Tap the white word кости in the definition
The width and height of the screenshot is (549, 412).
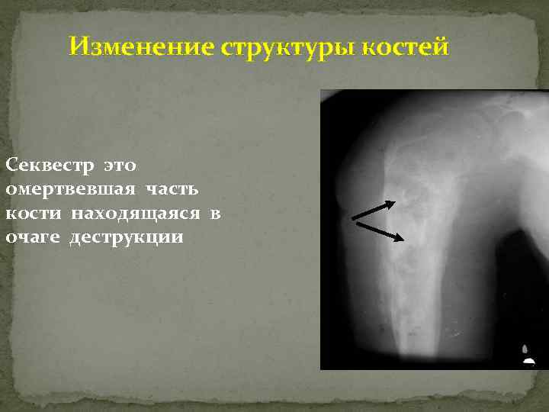coord(32,214)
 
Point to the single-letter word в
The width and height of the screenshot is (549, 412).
coord(215,214)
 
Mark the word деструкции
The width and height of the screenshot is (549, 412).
coord(127,238)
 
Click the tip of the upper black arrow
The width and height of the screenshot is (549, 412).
coord(395,203)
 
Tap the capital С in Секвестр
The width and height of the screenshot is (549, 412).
coord(10,165)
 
